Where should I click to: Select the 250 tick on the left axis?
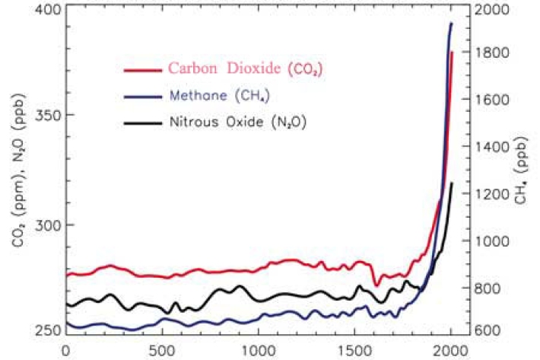point(51,330)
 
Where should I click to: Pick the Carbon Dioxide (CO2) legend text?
point(247,69)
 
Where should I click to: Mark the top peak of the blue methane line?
point(451,24)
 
